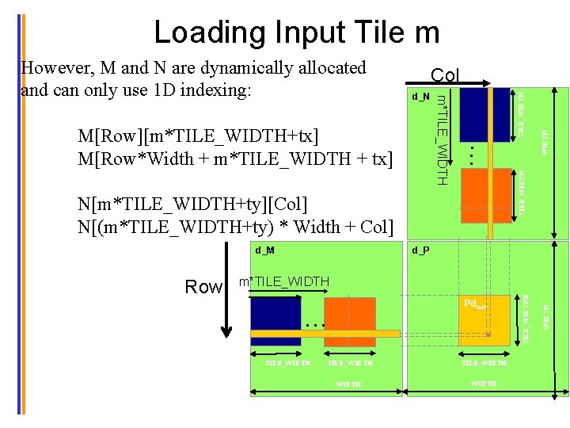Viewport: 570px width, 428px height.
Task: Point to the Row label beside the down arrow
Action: [x=203, y=287]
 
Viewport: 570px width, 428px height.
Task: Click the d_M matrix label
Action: [x=264, y=250]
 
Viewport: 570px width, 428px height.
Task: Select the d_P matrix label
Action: [x=420, y=250]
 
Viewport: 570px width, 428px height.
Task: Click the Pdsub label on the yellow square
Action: [x=480, y=304]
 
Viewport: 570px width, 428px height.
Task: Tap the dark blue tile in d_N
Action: [x=484, y=115]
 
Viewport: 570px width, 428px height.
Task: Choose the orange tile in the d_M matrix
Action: [x=349, y=320]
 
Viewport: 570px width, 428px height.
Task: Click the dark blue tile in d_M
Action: [x=275, y=321]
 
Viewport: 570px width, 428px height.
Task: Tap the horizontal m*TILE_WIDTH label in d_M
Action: [x=284, y=281]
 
